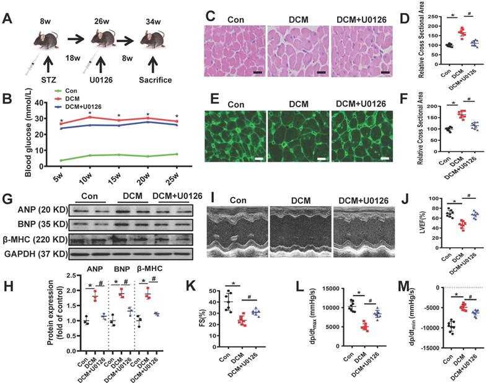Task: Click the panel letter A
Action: coord(8,18)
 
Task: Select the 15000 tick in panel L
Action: coord(316,289)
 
